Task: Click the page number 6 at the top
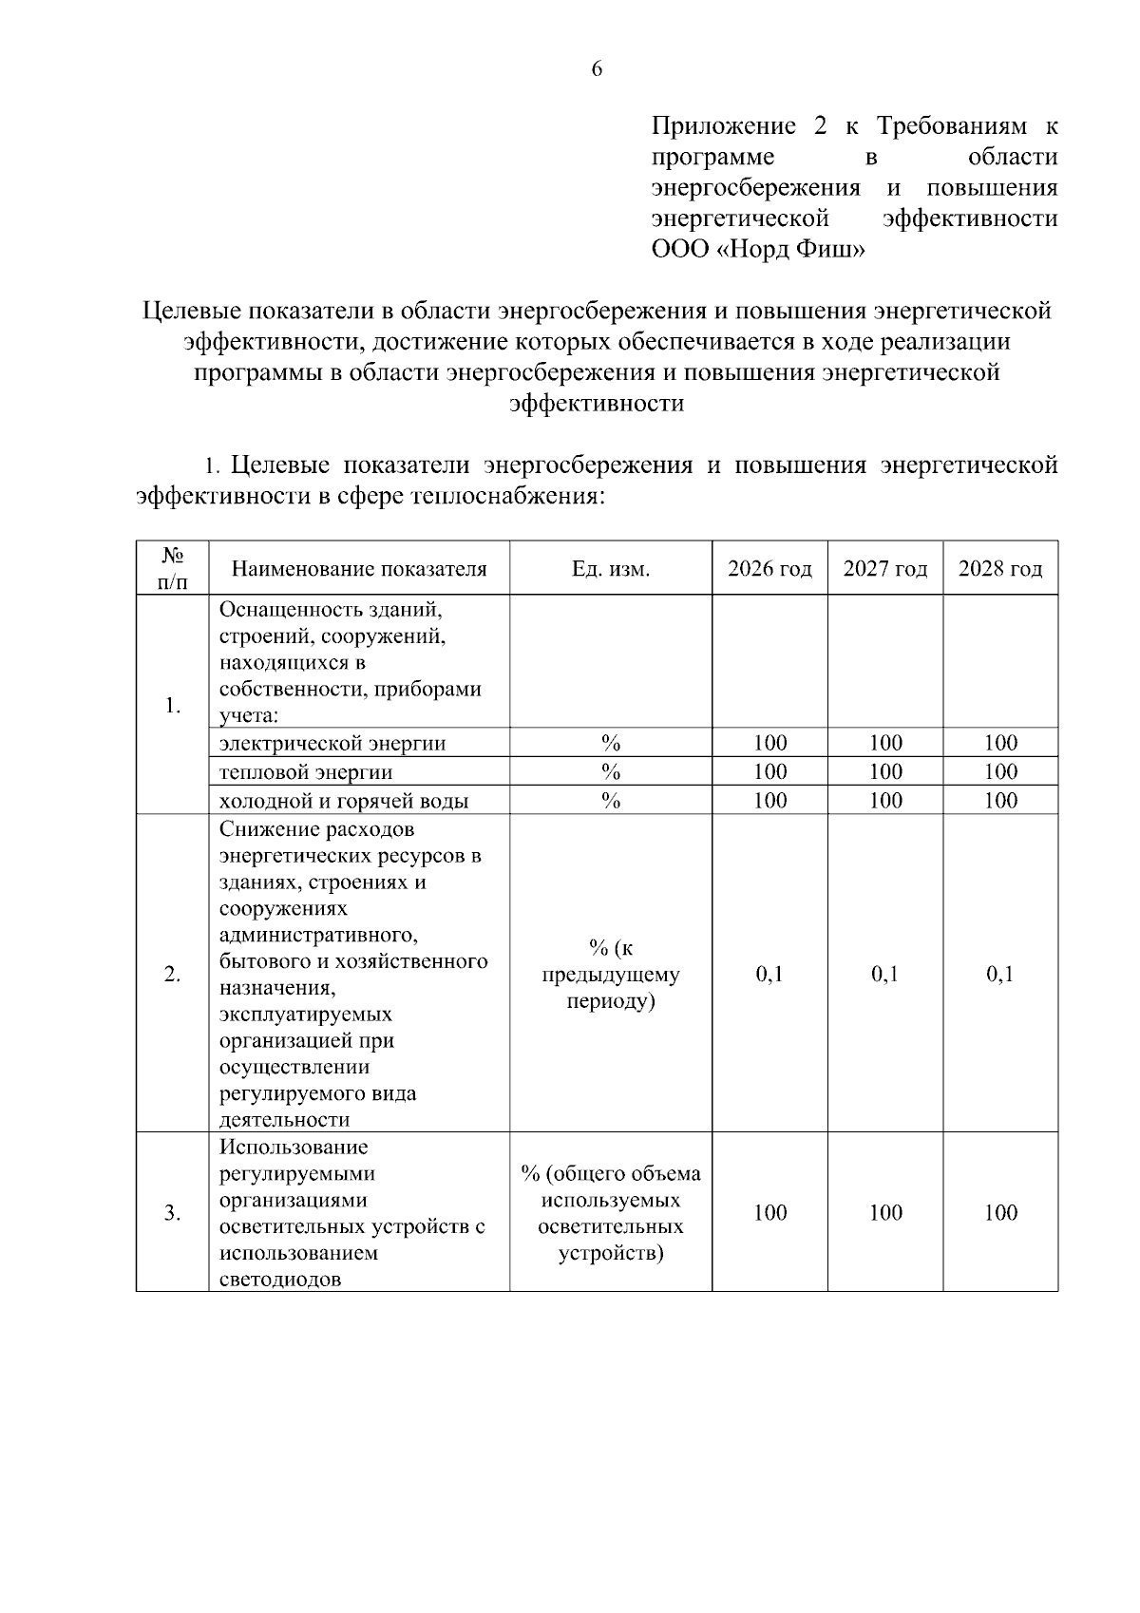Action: tap(597, 69)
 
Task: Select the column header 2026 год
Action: tap(769, 569)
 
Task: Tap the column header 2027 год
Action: tap(884, 569)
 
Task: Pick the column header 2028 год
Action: tap(1000, 569)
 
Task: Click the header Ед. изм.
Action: tap(610, 569)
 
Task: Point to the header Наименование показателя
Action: tap(359, 569)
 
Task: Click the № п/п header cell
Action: tap(172, 568)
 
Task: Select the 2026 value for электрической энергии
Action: tap(769, 743)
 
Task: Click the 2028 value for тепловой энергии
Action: tap(1000, 771)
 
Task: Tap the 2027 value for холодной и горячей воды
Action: tap(884, 801)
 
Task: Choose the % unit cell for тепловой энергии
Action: tap(610, 771)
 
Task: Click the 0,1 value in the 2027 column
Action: tap(884, 975)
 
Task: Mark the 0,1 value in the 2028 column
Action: tap(1000, 975)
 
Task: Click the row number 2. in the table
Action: tap(172, 975)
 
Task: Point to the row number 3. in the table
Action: tap(172, 1213)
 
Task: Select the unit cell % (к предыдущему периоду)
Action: tap(610, 975)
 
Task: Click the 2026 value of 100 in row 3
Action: tap(769, 1213)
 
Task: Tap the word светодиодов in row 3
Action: tap(279, 1280)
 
